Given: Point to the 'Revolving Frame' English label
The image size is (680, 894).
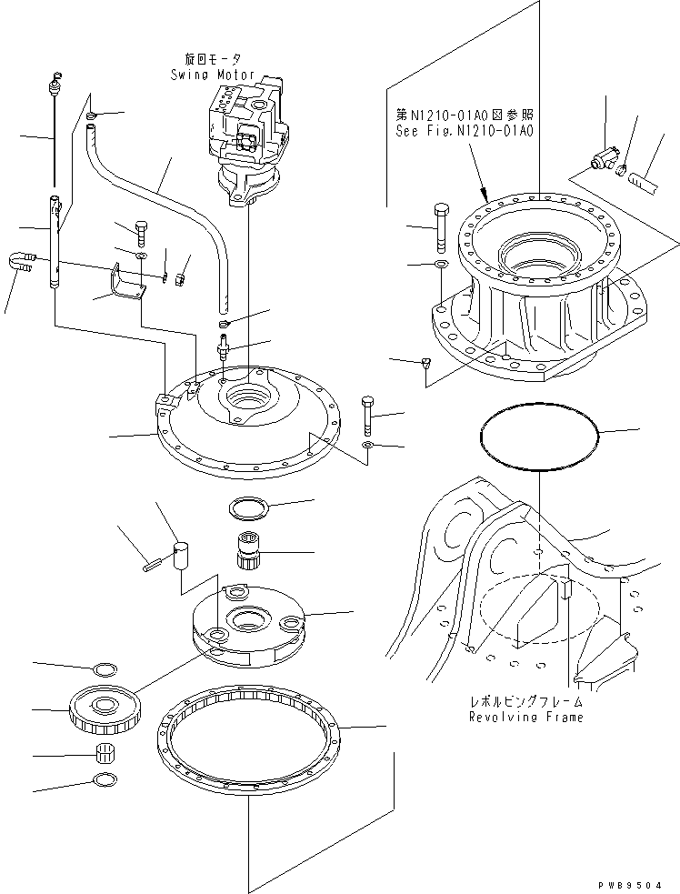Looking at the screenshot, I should coord(525,717).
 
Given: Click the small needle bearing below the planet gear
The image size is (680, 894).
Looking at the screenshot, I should coord(108,753).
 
